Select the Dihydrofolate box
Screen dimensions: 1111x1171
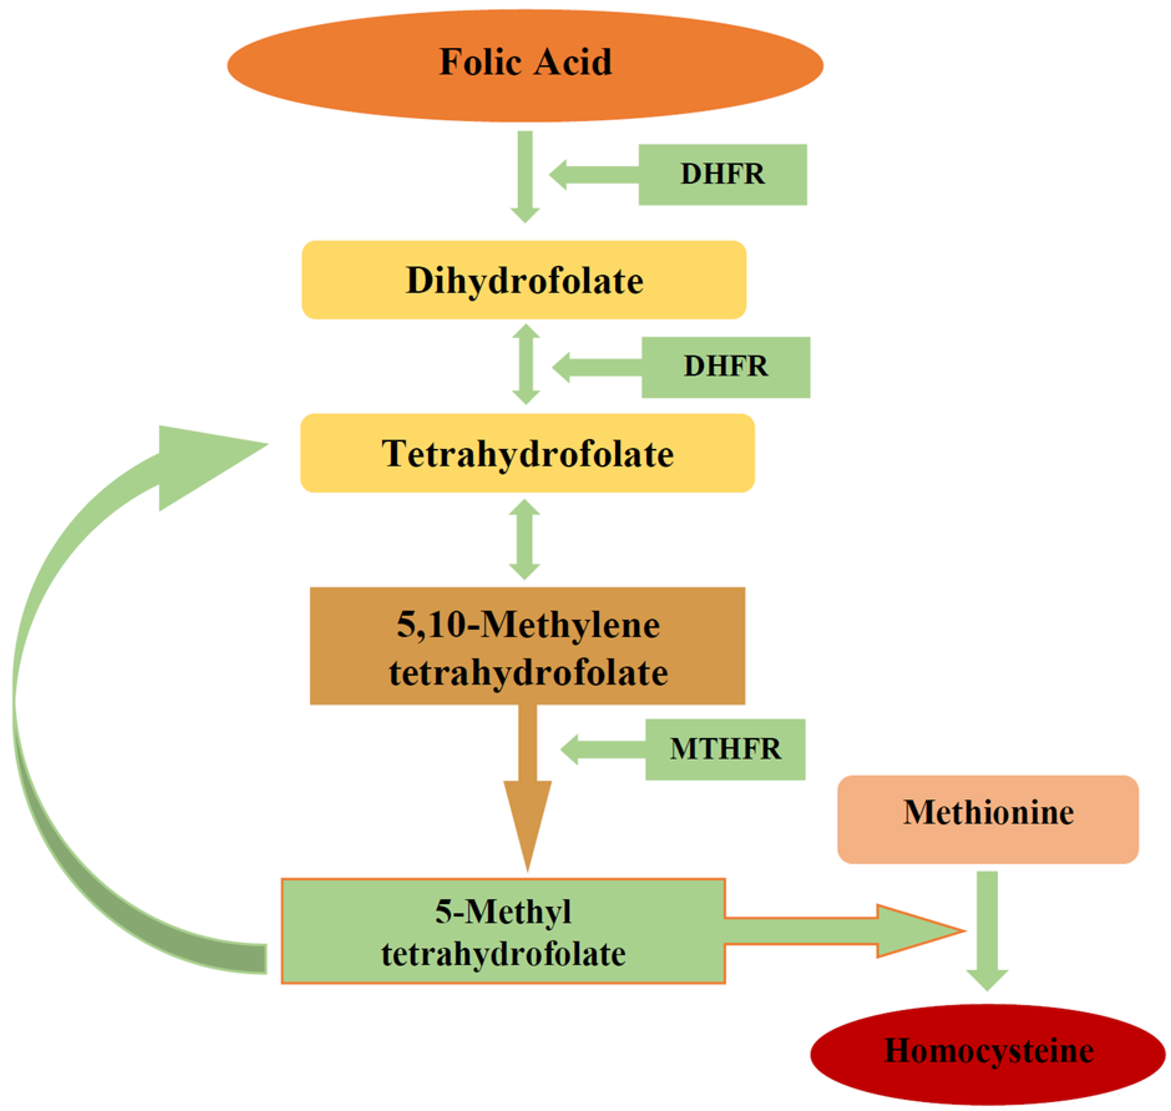524,280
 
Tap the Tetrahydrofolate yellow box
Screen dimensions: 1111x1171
527,453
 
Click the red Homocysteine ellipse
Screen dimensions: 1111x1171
987,1051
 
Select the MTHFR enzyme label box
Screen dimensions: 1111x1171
725,749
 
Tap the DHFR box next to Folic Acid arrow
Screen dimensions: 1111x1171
722,175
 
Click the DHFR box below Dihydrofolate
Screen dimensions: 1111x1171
725,367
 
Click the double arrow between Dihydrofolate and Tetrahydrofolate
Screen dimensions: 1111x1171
525,364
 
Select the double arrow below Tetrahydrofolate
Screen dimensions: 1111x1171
524,539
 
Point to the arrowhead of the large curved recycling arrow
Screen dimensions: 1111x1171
202,465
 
